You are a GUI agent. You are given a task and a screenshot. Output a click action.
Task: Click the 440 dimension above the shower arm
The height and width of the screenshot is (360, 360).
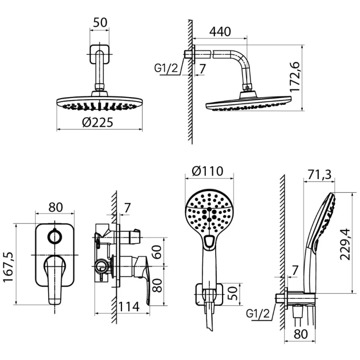(x=220, y=31)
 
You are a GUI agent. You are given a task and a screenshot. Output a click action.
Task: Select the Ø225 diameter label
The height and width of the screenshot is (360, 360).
(x=98, y=122)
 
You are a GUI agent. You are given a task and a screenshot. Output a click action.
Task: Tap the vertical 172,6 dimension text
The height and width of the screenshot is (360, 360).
(x=295, y=77)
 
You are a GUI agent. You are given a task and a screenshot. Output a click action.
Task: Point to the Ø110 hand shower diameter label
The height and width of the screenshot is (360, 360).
(x=207, y=171)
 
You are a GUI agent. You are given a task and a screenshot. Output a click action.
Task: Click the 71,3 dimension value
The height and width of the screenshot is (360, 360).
(x=319, y=174)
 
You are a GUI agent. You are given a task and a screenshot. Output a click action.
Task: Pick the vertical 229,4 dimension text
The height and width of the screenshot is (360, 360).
(x=345, y=244)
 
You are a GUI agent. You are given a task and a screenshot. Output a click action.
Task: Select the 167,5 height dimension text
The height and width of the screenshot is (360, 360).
(x=8, y=267)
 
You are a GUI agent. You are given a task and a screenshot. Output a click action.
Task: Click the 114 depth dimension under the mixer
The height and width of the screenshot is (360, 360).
(x=128, y=306)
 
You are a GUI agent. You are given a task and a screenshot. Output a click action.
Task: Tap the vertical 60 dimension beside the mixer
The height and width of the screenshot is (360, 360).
(x=157, y=252)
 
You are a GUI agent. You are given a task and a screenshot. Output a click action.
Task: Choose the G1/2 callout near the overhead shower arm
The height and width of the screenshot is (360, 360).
(x=166, y=68)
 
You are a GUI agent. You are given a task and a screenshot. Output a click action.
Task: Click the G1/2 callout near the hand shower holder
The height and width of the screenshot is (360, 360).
(x=257, y=313)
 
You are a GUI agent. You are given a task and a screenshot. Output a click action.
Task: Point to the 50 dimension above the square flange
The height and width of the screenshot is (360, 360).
(x=100, y=22)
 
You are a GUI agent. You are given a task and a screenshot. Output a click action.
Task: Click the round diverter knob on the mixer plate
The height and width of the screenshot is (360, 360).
(x=54, y=237)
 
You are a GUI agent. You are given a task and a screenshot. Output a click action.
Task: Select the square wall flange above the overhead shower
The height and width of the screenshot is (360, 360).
(x=99, y=54)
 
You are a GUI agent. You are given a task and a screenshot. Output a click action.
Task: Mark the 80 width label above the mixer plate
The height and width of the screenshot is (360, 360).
(x=55, y=207)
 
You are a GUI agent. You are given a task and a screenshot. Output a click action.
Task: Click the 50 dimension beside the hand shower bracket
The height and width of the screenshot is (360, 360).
(x=233, y=293)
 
